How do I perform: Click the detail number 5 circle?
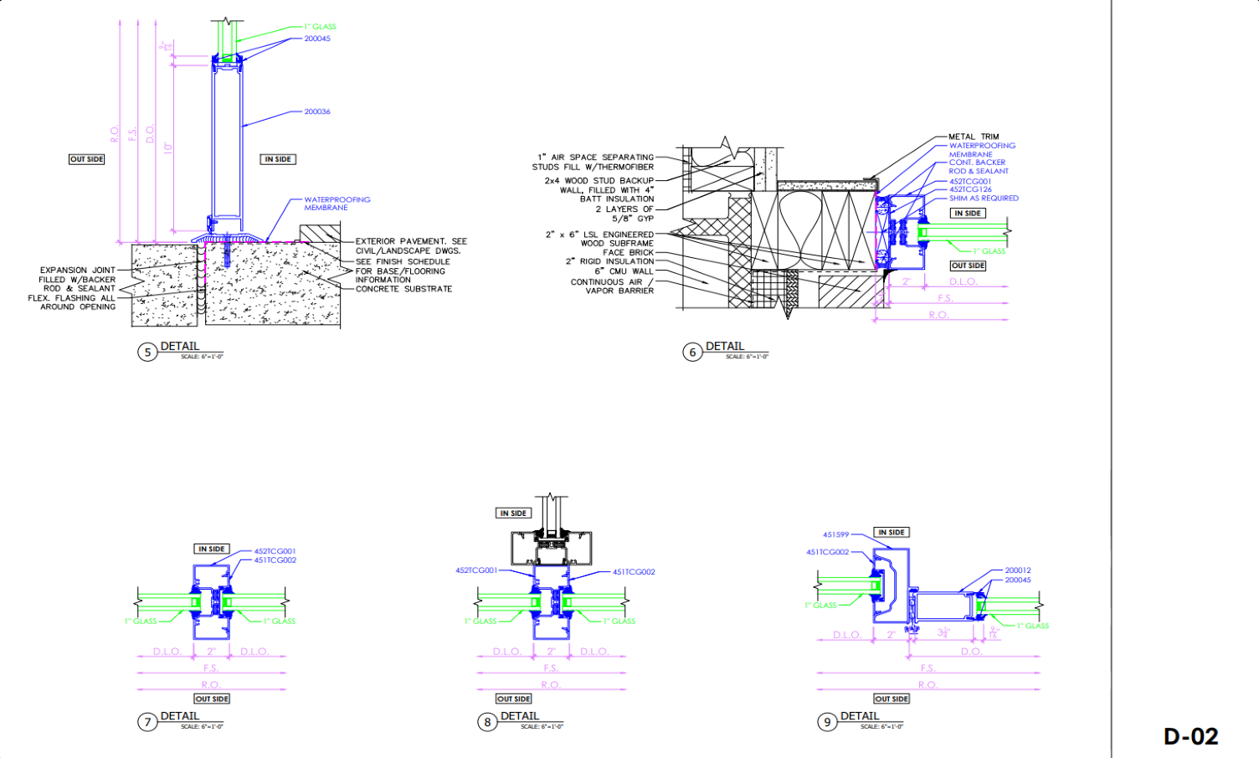[x=147, y=352]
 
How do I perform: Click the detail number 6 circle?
[x=692, y=352]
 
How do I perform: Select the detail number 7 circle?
[x=147, y=722]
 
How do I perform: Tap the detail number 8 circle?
[x=487, y=722]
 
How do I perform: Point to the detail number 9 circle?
[x=827, y=722]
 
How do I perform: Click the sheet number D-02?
[x=1190, y=736]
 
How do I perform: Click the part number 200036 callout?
[x=317, y=111]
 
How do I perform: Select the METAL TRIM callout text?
[x=974, y=137]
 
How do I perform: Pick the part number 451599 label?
[x=835, y=534]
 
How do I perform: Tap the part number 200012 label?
[x=1018, y=570]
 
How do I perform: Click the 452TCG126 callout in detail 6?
[x=970, y=189]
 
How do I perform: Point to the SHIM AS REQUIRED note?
[x=984, y=199]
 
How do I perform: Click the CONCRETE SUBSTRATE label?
[x=403, y=289]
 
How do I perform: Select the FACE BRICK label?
[x=628, y=252]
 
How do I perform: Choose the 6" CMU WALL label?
[x=624, y=271]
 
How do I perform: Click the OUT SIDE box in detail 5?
[x=87, y=159]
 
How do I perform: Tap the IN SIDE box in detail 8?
[x=513, y=513]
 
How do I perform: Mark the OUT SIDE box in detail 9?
[x=892, y=699]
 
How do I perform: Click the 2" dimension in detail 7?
[x=212, y=651]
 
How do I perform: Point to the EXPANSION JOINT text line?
[x=78, y=271]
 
